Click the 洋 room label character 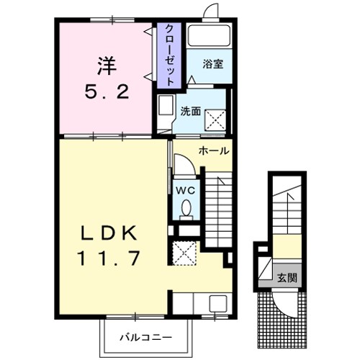[107, 66]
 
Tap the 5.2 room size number [107, 92]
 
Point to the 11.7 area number [109, 258]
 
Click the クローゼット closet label [170, 55]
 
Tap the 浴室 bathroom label [213, 64]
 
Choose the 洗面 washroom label [190, 111]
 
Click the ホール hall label [214, 151]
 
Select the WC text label [186, 191]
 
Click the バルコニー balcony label [146, 338]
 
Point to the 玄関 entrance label [287, 278]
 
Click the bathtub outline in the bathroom [209, 35]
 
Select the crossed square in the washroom [215, 120]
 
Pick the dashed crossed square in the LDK [184, 253]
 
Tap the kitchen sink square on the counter [218, 303]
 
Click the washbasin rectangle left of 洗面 [166, 106]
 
